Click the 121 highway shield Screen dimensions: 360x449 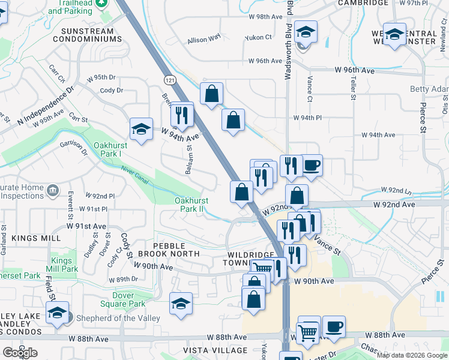tap(170, 80)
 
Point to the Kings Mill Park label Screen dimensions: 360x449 tap(65, 265)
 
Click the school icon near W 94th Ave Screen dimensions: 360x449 tap(141, 128)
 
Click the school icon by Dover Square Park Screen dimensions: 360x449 tap(181, 303)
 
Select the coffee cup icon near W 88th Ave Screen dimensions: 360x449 tap(334, 327)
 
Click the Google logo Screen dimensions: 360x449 tap(20, 352)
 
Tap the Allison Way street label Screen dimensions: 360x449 tap(204, 40)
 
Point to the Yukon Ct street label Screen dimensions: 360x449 tap(258, 37)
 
